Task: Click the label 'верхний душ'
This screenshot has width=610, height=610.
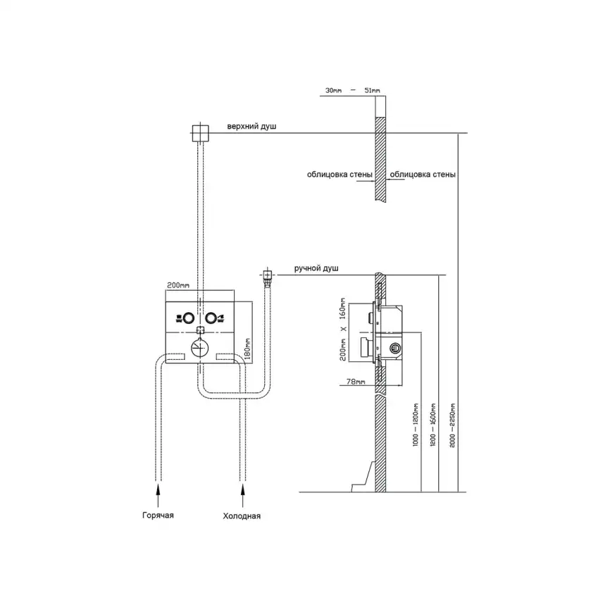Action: pyautogui.click(x=251, y=127)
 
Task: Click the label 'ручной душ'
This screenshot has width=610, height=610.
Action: pyautogui.click(x=316, y=269)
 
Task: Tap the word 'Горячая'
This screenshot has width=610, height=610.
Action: pyautogui.click(x=157, y=516)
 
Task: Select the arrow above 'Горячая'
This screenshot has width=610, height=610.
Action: pyautogui.click(x=158, y=490)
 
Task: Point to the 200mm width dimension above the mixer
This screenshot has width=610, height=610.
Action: pyautogui.click(x=178, y=285)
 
